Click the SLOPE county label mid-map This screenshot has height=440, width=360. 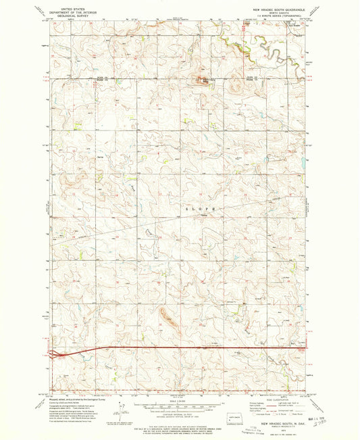click(x=201, y=210)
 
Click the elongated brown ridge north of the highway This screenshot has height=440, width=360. click(x=168, y=316)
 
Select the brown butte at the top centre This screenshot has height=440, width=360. click(x=201, y=81)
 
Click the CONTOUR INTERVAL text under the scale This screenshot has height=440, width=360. click(x=180, y=413)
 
